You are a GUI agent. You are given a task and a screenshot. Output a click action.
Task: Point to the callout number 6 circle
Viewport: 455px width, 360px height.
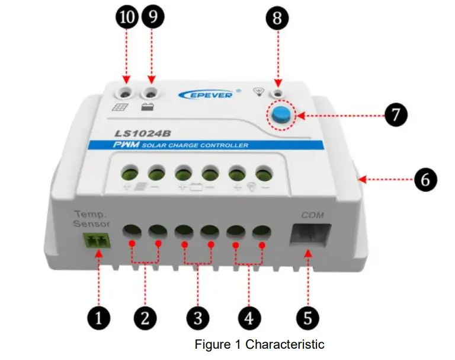[425, 179]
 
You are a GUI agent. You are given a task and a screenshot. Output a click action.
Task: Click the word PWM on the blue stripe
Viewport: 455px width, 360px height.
[126, 145]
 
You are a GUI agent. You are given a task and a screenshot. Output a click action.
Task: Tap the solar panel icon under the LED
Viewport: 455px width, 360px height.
[120, 108]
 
